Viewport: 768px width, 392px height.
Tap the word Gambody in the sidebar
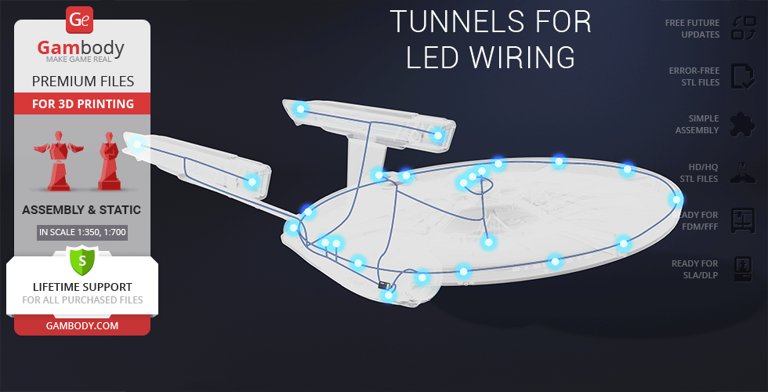pyautogui.click(x=81, y=49)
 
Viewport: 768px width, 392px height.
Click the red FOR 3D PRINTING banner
pyautogui.click(x=82, y=103)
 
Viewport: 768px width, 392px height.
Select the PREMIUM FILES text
pyautogui.click(x=82, y=81)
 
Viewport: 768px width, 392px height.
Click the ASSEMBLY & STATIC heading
pyautogui.click(x=82, y=209)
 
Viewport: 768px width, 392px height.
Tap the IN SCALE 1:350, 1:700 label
pyautogui.click(x=82, y=232)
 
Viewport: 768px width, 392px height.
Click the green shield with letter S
pyautogui.click(x=82, y=260)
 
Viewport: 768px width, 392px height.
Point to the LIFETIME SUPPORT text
pyautogui.click(x=82, y=287)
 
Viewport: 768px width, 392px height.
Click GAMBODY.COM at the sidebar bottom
pyautogui.click(x=82, y=325)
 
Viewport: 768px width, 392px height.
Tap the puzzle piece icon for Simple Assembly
pyautogui.click(x=741, y=124)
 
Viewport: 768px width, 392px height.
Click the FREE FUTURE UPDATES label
pyautogui.click(x=692, y=28)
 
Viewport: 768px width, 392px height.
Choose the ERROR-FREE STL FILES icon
pyautogui.click(x=741, y=76)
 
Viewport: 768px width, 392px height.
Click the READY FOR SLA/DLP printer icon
pyautogui.click(x=741, y=269)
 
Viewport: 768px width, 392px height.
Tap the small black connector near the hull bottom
pyautogui.click(x=384, y=285)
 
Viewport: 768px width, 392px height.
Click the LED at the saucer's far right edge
pyautogui.click(x=677, y=201)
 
